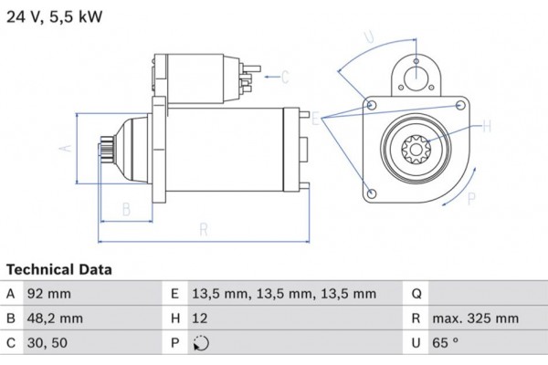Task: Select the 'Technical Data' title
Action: click(x=58, y=270)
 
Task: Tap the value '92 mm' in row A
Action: click(x=50, y=294)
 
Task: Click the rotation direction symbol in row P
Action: click(x=202, y=345)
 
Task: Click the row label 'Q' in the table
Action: click(x=416, y=294)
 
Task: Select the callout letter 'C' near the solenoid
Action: click(x=284, y=76)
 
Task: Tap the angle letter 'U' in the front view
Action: click(x=369, y=37)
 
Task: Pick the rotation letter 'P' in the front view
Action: click(x=471, y=198)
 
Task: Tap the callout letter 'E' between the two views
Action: click(x=316, y=120)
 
